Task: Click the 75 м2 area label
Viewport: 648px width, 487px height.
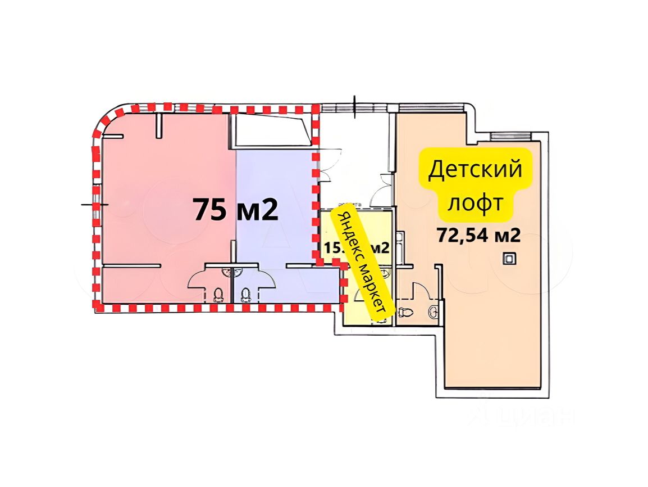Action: tap(235, 210)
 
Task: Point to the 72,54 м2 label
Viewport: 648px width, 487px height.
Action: tap(478, 235)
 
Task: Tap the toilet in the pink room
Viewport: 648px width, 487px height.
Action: tap(220, 294)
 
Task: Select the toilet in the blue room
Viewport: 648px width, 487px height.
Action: tap(245, 294)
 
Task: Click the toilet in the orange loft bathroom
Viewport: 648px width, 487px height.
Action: tap(405, 310)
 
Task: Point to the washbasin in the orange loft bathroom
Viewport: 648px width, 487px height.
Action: tap(433, 310)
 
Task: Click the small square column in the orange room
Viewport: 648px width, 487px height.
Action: tap(509, 258)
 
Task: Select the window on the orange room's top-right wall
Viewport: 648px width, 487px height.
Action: tap(509, 136)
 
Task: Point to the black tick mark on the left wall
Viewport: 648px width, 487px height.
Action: tap(89, 204)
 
